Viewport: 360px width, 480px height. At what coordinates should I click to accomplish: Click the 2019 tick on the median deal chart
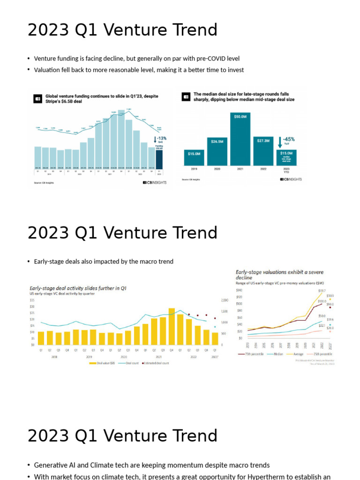tap(194, 169)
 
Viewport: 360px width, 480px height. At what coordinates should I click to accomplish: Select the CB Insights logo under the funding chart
tap(154, 183)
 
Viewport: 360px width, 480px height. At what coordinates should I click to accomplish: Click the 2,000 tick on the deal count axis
tap(224, 300)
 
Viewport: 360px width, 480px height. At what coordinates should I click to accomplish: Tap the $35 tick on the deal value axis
tap(32, 300)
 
